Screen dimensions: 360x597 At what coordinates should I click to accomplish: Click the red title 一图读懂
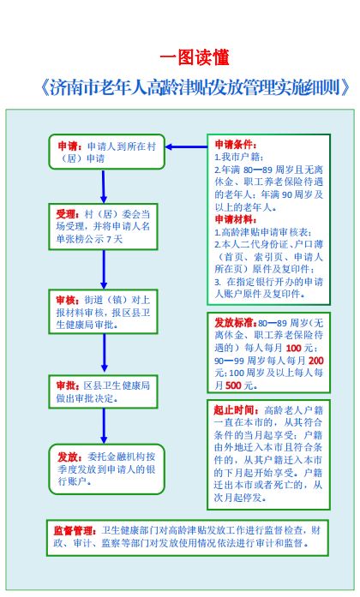pos(195,57)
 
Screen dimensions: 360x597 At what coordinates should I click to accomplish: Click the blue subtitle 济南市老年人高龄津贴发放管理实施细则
pos(195,87)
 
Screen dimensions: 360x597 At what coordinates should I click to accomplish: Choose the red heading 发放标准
pos(236,323)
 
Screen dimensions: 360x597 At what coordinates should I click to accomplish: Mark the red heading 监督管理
pos(75,531)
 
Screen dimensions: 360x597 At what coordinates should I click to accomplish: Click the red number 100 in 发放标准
pos(293,348)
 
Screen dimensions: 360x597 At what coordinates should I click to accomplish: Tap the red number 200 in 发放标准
pos(315,361)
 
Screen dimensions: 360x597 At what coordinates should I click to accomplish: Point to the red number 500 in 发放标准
pos(233,385)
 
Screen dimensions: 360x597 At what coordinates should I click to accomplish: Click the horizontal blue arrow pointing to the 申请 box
pos(186,146)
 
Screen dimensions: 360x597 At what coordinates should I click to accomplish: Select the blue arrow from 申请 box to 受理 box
pos(104,186)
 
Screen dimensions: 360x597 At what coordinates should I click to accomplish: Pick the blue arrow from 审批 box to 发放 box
pos(104,426)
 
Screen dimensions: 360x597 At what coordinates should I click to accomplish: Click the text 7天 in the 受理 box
pos(114,240)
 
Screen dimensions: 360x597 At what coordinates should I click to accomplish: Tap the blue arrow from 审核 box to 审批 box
pos(104,353)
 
